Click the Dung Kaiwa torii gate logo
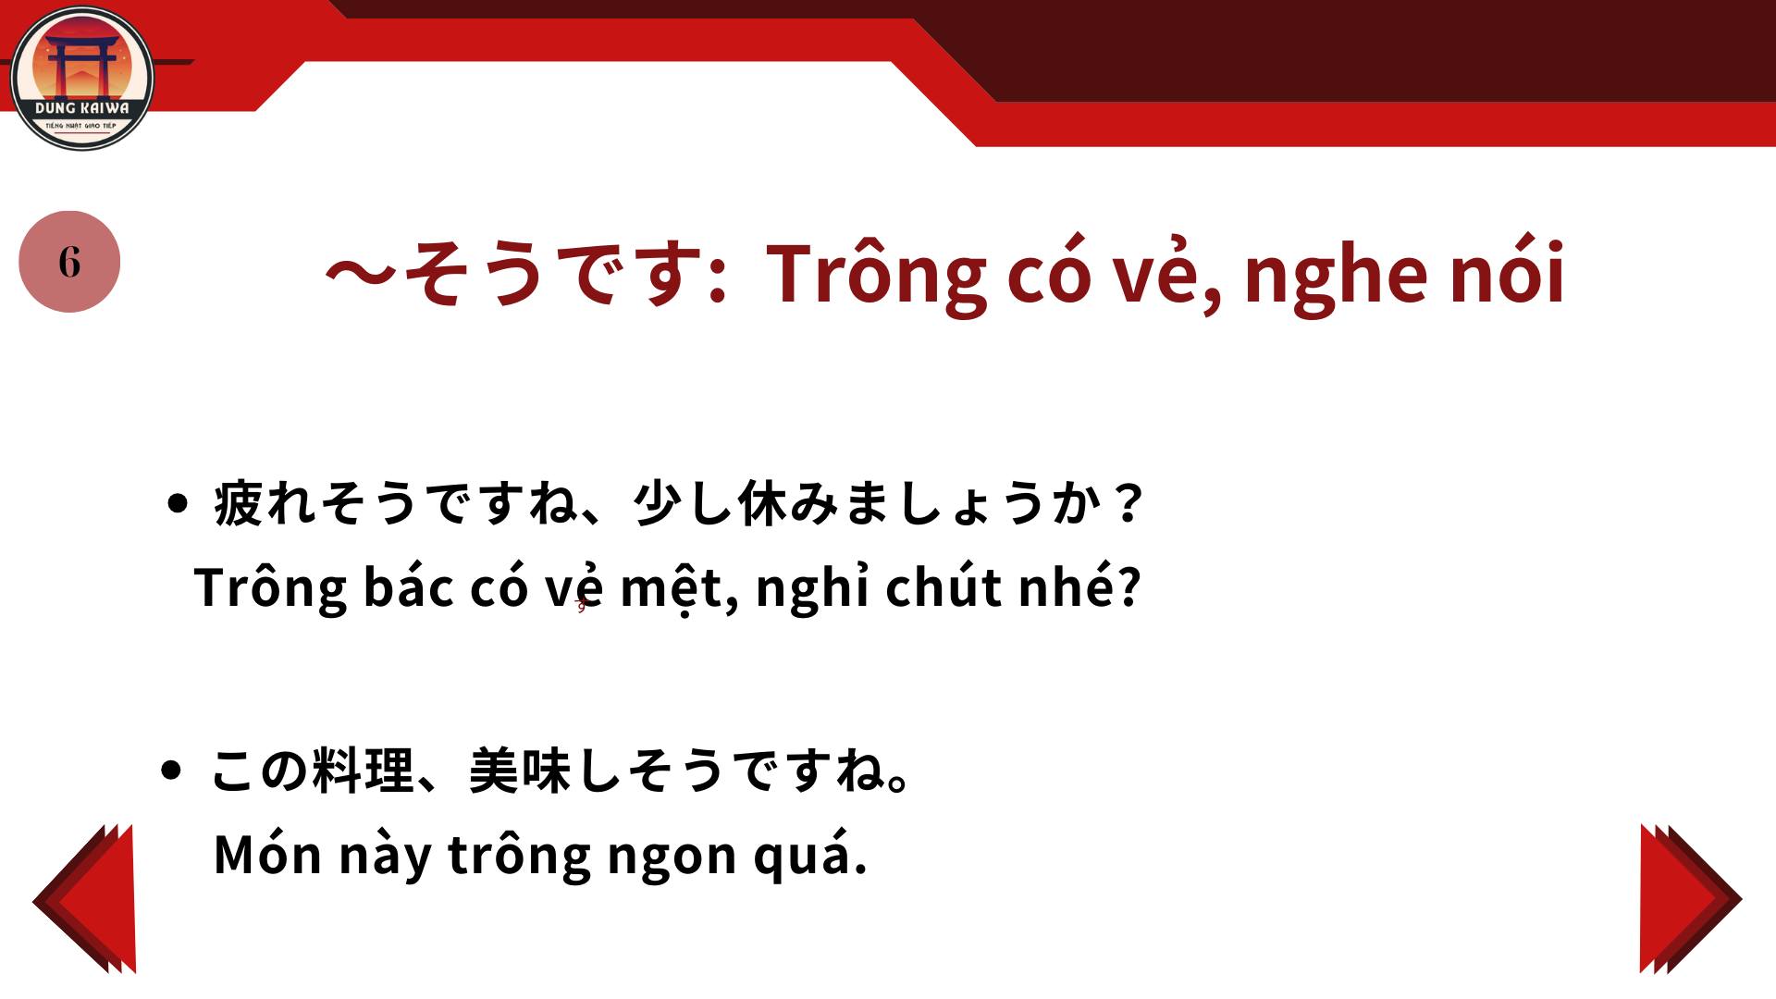81,78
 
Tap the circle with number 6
69,262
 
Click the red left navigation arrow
85,898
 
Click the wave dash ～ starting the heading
362,274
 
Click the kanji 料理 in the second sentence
364,771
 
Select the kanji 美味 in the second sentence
521,771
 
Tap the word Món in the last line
267,854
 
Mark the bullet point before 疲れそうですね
179,504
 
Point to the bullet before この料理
171,770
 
